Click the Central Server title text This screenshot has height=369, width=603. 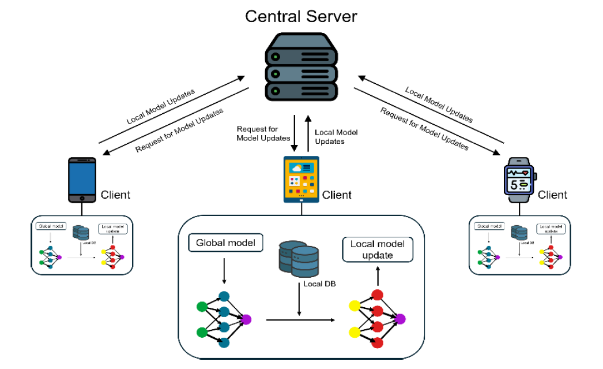coord(301,16)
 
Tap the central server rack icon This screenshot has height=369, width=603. coord(301,67)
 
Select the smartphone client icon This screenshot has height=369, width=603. coord(82,180)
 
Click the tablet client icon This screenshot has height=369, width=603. coord(301,179)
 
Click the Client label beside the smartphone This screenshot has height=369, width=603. coord(115,195)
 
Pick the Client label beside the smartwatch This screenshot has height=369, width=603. coord(552,195)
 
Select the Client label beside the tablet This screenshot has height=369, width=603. coord(337,195)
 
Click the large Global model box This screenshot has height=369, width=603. coord(226,243)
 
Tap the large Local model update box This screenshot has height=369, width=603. coord(378,249)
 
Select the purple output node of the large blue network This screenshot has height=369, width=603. coord(247,319)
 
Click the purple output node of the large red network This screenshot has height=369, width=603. coord(400,319)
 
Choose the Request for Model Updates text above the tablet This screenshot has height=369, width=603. coord(263,133)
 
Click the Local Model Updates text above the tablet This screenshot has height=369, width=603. coord(336,136)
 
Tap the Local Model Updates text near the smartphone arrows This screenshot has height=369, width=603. coord(161,107)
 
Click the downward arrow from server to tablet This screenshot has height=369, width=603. coord(295,132)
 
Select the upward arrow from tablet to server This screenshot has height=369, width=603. coord(308,132)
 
